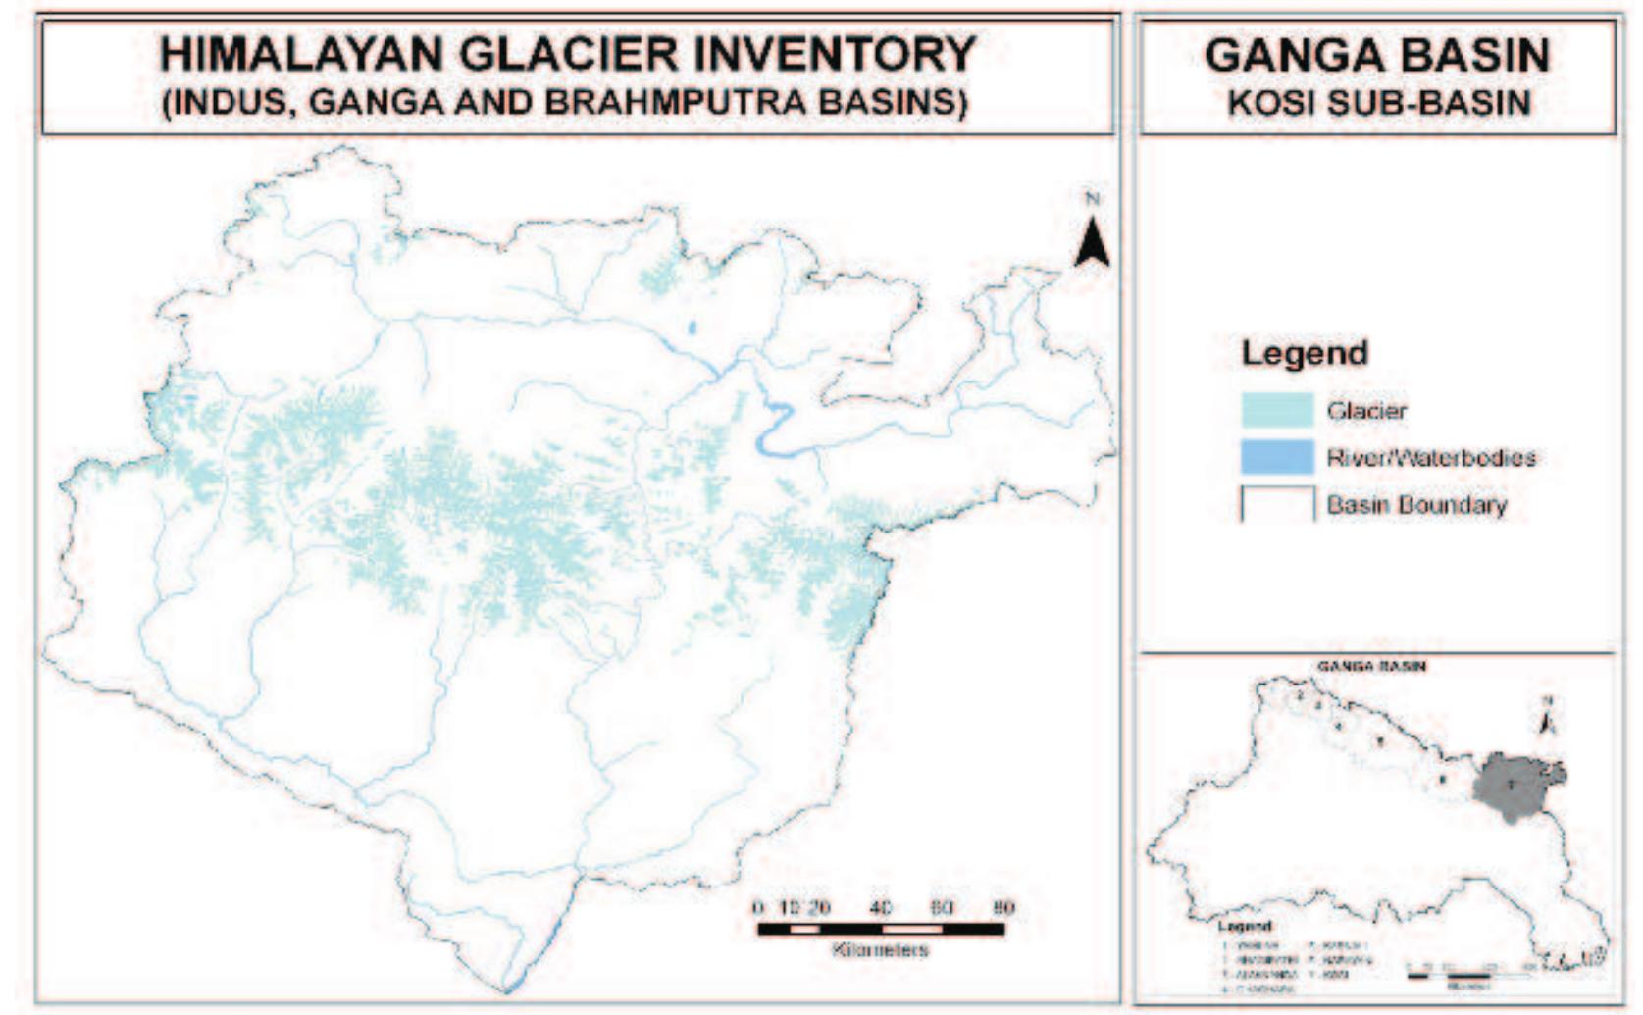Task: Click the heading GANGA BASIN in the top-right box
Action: pos(1377,55)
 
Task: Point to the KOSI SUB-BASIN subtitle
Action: pos(1378,102)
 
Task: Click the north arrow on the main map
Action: pos(1092,241)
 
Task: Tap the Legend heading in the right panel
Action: pos(1304,353)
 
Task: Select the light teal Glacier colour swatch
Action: pos(1276,410)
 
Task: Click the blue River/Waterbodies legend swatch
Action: pos(1276,457)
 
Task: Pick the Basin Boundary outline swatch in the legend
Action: pos(1276,504)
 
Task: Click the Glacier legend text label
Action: pos(1366,410)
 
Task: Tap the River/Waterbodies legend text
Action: pos(1430,457)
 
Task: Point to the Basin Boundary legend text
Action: pos(1415,505)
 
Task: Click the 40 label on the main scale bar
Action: pos(880,907)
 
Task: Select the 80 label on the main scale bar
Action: pos(1001,907)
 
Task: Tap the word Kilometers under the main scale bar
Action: pos(880,949)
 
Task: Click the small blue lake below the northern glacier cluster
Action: pos(692,328)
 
